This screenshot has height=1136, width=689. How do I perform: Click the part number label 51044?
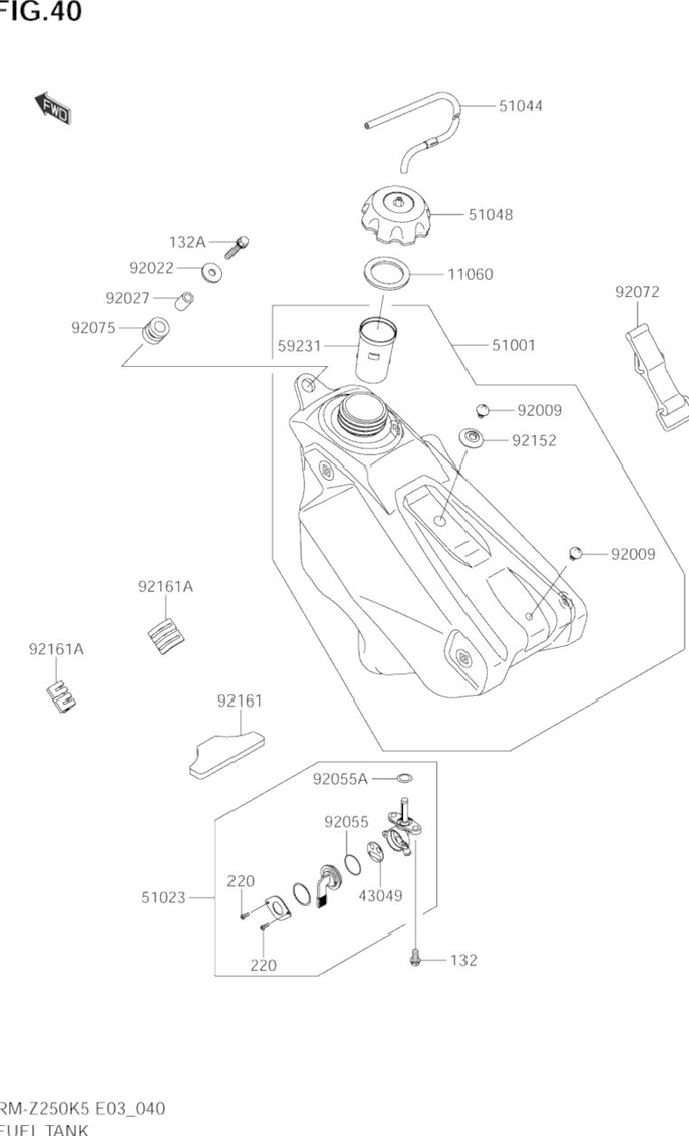pyautogui.click(x=521, y=105)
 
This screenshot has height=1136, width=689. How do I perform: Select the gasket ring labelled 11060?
pyautogui.click(x=386, y=272)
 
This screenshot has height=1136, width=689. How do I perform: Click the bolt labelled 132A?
pyautogui.click(x=240, y=244)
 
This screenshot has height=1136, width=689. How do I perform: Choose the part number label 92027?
pyautogui.click(x=128, y=298)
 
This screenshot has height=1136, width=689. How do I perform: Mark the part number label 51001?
pyautogui.click(x=513, y=345)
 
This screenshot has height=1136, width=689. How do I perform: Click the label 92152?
pyautogui.click(x=533, y=440)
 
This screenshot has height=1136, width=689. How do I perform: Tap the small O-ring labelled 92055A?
pyautogui.click(x=406, y=778)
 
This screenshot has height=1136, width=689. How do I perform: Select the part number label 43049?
pyautogui.click(x=380, y=896)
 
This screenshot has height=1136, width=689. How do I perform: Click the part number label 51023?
pyautogui.click(x=163, y=898)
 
